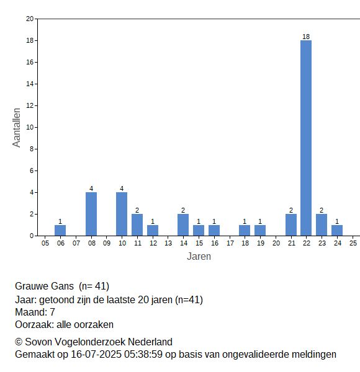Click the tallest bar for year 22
pyautogui.click(x=306, y=138)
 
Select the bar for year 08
pyautogui.click(x=91, y=214)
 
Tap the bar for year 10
pyautogui.click(x=122, y=214)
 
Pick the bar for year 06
pyautogui.click(x=60, y=231)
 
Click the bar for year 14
pyautogui.click(x=183, y=225)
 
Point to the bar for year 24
pyautogui.click(x=337, y=231)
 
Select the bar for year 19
pyautogui.click(x=260, y=231)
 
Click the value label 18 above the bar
pyautogui.click(x=306, y=37)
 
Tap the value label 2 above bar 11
pyautogui.click(x=137, y=210)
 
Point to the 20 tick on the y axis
pyautogui.click(x=30, y=19)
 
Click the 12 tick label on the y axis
pyautogui.click(x=30, y=105)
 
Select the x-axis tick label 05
pyautogui.click(x=45, y=243)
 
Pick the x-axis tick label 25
pyautogui.click(x=353, y=243)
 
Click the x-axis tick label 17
pyautogui.click(x=230, y=243)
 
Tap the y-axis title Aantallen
pyautogui.click(x=17, y=128)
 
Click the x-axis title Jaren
pyautogui.click(x=199, y=257)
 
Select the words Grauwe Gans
pyautogui.click(x=44, y=286)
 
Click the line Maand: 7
pyautogui.click(x=35, y=312)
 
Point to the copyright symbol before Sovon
pyautogui.click(x=19, y=342)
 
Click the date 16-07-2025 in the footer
pyautogui.click(x=96, y=355)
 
